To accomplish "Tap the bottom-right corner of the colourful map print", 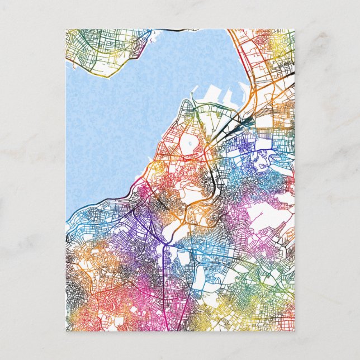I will tap(294, 330).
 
